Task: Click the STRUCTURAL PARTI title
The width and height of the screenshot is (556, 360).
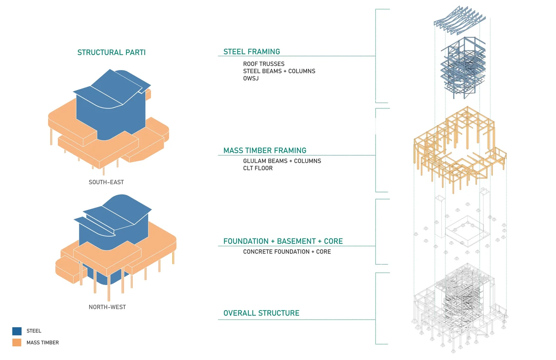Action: pyautogui.click(x=112, y=52)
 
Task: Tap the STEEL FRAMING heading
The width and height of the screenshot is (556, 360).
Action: pyautogui.click(x=252, y=52)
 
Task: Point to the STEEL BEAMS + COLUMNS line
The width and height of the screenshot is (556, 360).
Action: pyautogui.click(x=279, y=71)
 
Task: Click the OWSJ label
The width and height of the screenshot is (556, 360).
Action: pyautogui.click(x=251, y=78)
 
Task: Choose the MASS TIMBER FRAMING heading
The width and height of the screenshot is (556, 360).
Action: pyautogui.click(x=265, y=151)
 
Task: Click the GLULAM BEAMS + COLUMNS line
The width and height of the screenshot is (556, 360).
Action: pyautogui.click(x=282, y=161)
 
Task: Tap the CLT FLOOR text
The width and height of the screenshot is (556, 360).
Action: pyautogui.click(x=258, y=168)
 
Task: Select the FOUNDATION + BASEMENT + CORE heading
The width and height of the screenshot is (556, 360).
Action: pyautogui.click(x=283, y=241)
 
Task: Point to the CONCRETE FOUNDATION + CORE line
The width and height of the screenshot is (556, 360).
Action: pyautogui.click(x=287, y=251)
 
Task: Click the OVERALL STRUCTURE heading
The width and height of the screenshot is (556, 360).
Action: pyautogui.click(x=261, y=313)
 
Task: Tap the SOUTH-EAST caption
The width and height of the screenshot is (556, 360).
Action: pyautogui.click(x=106, y=182)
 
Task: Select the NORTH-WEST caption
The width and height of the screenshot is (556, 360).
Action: pyautogui.click(x=107, y=307)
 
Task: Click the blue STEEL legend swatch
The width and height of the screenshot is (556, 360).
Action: pyautogui.click(x=17, y=331)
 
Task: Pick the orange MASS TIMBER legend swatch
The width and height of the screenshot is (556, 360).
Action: pyautogui.click(x=17, y=343)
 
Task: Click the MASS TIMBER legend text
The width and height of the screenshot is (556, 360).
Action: pyautogui.click(x=43, y=343)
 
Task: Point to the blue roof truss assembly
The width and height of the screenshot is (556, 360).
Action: pyautogui.click(x=460, y=20)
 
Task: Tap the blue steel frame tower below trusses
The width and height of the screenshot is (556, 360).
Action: pyautogui.click(x=463, y=67)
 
